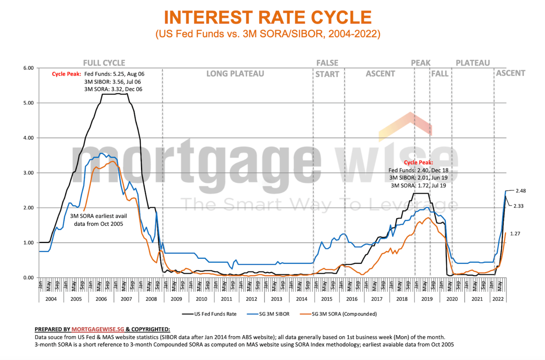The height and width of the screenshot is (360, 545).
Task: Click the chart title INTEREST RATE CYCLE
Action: (x=268, y=18)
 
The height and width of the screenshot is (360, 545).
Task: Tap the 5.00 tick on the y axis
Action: (x=29, y=103)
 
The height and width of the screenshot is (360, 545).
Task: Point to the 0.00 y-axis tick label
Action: (x=29, y=278)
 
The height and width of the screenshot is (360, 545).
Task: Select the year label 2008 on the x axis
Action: (x=151, y=299)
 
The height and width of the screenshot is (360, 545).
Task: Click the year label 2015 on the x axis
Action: (x=326, y=299)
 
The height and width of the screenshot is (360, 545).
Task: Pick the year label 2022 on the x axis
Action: (x=498, y=299)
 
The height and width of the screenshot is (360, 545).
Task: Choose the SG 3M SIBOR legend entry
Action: (x=274, y=314)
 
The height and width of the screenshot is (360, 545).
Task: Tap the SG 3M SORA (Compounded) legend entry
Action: (x=344, y=314)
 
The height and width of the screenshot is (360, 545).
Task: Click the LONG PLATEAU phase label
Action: (x=235, y=74)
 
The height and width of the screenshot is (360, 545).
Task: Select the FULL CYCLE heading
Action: (x=104, y=63)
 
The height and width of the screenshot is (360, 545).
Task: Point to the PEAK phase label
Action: (x=421, y=63)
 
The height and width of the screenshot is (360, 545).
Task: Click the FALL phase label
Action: (x=440, y=74)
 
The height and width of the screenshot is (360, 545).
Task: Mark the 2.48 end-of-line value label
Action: (x=521, y=191)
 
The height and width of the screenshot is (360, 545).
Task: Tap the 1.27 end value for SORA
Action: (x=515, y=234)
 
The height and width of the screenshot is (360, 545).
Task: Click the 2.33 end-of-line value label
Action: (x=518, y=206)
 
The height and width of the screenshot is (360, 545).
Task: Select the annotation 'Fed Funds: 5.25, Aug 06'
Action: (x=114, y=74)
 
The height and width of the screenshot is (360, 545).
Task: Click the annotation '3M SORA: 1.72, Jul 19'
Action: (x=418, y=186)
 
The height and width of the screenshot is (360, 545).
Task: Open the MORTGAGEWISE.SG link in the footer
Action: (x=98, y=329)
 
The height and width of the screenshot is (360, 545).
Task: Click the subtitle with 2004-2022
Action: (x=268, y=34)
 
